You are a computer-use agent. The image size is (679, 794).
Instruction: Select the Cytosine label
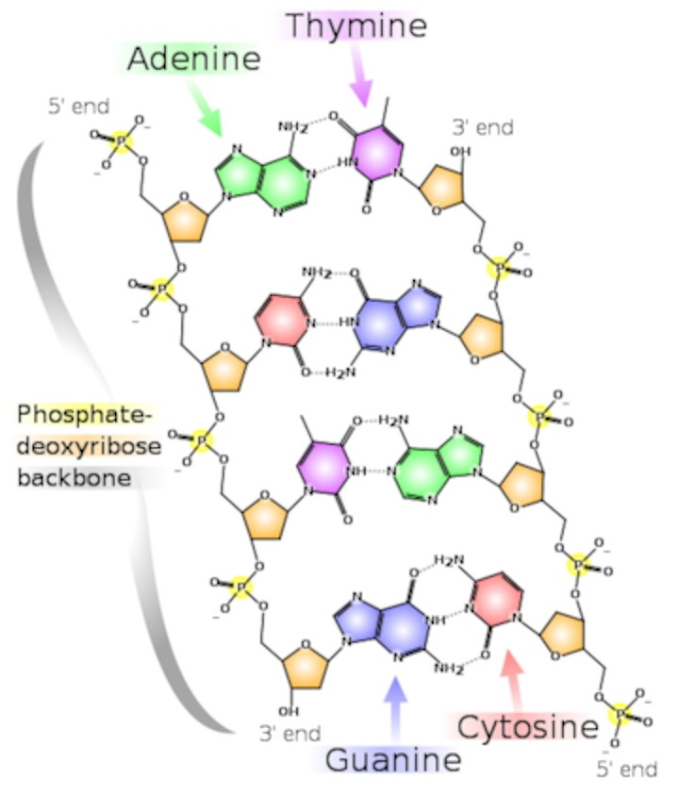click(528, 727)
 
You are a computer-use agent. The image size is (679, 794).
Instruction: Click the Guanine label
click(393, 759)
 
